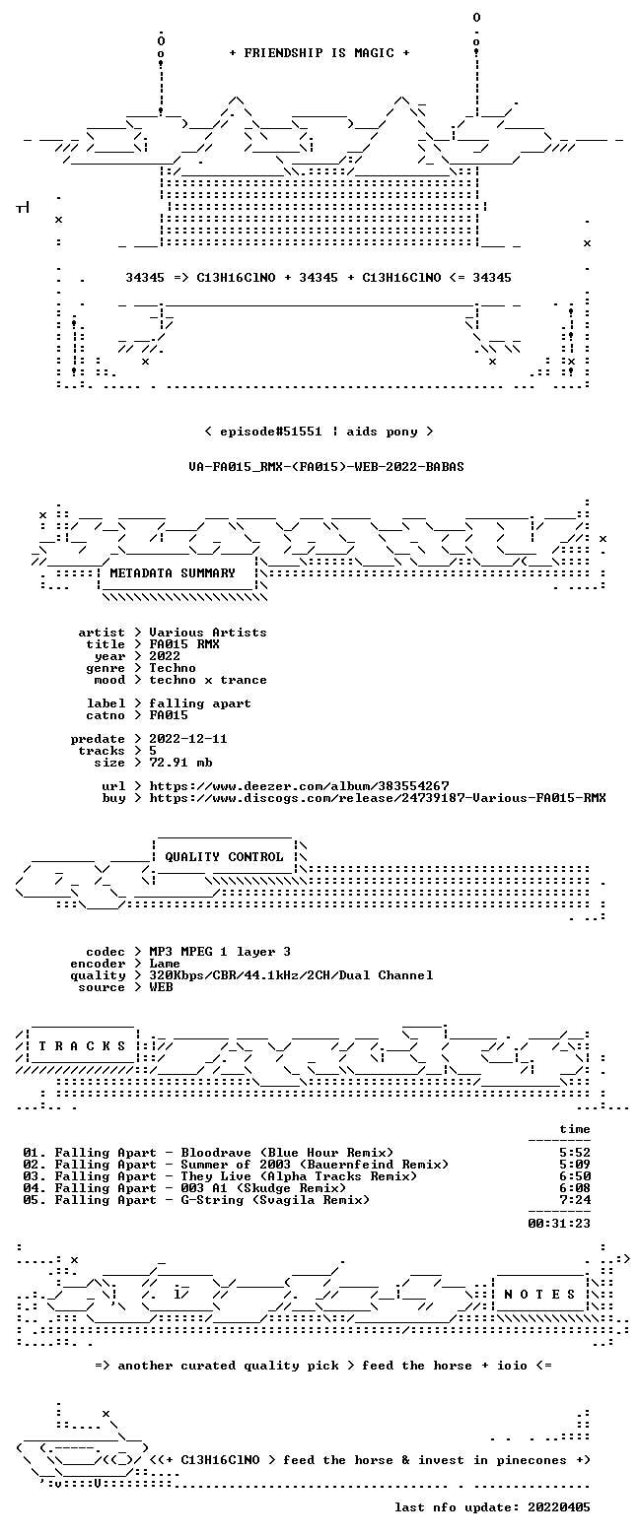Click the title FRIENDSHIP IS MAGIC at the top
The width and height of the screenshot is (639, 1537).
(319, 53)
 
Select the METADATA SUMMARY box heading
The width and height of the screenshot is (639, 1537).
(173, 573)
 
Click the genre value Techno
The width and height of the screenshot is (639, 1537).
(173, 668)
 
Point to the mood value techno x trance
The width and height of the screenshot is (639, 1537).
(208, 680)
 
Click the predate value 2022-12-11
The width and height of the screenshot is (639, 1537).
(188, 739)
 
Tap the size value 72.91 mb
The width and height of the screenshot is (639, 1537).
(180, 763)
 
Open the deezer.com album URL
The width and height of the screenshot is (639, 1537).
(299, 785)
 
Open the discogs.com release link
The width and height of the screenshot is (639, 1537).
(378, 798)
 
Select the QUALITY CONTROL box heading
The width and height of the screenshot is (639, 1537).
(224, 857)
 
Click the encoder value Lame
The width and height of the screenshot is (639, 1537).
(165, 964)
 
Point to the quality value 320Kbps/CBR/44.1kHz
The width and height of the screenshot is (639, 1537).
(240, 975)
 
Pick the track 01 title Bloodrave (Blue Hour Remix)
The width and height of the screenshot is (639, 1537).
(287, 1153)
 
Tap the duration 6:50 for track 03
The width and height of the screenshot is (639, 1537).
(575, 1176)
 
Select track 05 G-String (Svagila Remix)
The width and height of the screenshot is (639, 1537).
(275, 1200)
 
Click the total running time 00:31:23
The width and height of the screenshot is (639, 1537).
(558, 1224)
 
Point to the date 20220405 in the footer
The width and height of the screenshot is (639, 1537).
(558, 1507)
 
